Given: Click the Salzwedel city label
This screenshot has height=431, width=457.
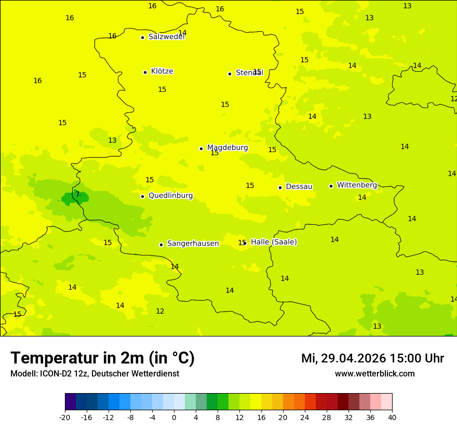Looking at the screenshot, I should (166, 37).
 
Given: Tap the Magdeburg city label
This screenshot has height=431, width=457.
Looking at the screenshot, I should (227, 148).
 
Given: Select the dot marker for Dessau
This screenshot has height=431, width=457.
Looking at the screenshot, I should (280, 187).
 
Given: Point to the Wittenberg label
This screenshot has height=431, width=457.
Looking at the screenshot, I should (357, 185).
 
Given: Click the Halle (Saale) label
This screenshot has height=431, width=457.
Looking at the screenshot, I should (274, 242).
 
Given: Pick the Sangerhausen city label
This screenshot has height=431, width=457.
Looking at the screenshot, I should (193, 244).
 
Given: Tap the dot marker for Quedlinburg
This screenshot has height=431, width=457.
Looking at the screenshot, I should (142, 196).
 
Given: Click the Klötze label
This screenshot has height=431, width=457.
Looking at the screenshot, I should (162, 72).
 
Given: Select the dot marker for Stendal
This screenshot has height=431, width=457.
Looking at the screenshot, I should (230, 74).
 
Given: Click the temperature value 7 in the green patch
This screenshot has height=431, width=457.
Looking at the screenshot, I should (77, 195).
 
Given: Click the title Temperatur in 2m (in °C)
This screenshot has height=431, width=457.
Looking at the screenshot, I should (102, 358).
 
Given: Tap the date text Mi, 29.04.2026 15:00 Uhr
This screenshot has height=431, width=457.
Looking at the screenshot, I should (372, 359).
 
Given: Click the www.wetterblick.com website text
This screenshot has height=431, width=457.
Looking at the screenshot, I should (374, 374).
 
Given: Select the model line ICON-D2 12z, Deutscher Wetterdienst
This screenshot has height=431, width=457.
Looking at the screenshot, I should (95, 374).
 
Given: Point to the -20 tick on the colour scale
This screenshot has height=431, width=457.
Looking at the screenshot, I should (64, 417).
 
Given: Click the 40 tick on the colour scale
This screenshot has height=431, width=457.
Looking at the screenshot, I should (392, 417).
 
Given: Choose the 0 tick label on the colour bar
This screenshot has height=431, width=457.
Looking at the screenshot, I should (174, 417).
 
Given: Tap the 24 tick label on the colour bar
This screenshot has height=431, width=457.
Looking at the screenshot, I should (305, 417).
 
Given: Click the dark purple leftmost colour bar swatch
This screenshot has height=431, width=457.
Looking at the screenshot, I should (70, 402).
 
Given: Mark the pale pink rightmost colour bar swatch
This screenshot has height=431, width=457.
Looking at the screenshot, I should (387, 402).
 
